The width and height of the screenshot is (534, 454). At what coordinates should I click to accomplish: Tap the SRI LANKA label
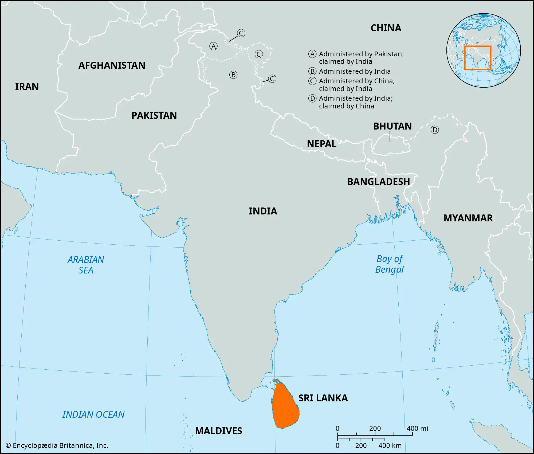(x=323, y=398)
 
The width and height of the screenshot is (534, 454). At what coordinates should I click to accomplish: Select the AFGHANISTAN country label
(x=112, y=65)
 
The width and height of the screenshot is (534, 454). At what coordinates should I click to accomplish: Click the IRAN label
(x=27, y=87)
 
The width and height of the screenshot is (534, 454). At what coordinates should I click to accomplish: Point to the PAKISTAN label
(x=154, y=116)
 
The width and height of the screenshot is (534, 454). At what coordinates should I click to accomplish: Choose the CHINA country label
(x=386, y=28)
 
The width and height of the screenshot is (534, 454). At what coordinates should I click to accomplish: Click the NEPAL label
(x=321, y=144)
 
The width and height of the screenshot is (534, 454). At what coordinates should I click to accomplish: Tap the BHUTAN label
(x=392, y=126)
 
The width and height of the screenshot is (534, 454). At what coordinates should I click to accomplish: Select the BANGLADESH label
(x=378, y=182)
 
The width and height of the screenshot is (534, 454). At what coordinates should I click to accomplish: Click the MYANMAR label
(x=468, y=218)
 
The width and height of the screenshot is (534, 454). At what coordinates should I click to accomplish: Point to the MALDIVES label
(x=218, y=431)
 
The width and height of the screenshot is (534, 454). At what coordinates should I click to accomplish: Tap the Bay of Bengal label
(x=390, y=264)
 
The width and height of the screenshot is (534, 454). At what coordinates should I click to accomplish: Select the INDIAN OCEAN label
(x=93, y=414)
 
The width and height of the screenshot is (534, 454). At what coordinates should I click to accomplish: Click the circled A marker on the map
(x=213, y=46)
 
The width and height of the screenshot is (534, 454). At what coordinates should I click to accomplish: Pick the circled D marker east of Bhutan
(x=435, y=130)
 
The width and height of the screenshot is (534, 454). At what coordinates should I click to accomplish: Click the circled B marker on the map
(x=233, y=75)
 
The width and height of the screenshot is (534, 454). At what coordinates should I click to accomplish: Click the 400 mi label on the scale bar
(x=417, y=429)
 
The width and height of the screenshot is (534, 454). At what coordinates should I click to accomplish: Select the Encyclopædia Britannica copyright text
(x=57, y=445)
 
